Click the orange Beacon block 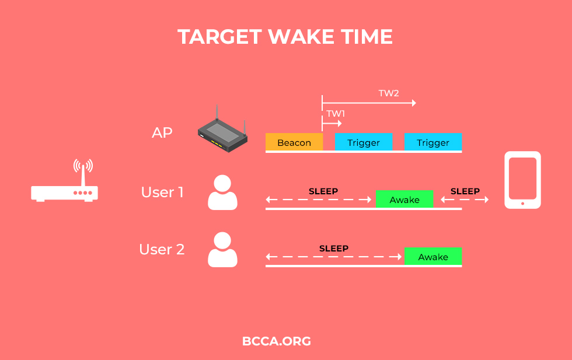[294, 142]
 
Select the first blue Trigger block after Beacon [363, 142]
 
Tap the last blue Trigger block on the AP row [433, 142]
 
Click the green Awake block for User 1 [404, 199]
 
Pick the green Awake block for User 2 [433, 256]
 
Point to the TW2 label [389, 93]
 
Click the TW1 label [336, 113]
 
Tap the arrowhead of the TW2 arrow [414, 103]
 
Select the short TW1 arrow [332, 123]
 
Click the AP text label [162, 132]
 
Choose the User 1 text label [162, 192]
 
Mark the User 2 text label [162, 249]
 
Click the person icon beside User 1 [222, 192]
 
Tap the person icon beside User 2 [222, 250]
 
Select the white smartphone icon [522, 180]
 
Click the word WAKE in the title [301, 37]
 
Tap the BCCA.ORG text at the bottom [277, 341]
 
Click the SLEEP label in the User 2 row [334, 249]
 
